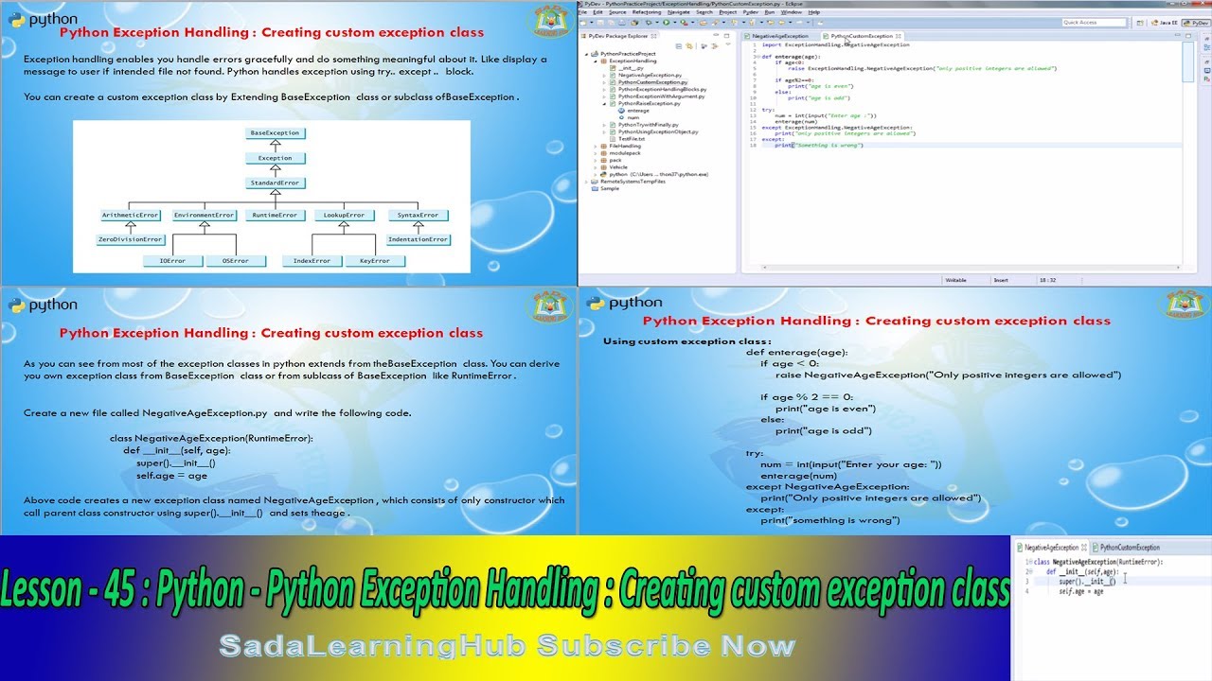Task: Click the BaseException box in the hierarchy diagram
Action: point(275,133)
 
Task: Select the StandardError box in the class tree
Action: point(275,183)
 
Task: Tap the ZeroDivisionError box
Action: point(132,239)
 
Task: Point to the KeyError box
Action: point(374,260)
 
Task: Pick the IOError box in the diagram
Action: point(173,260)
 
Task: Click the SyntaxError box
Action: point(418,215)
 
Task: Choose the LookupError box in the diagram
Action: point(344,215)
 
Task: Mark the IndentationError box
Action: point(418,239)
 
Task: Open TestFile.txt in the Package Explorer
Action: point(632,138)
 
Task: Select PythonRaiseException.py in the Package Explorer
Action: point(649,103)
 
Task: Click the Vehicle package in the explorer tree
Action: point(618,166)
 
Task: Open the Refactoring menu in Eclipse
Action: point(647,12)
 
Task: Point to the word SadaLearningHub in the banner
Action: point(373,646)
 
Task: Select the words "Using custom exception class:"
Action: point(687,341)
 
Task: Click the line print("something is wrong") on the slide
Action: point(829,520)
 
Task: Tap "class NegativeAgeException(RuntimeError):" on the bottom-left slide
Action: point(211,439)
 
